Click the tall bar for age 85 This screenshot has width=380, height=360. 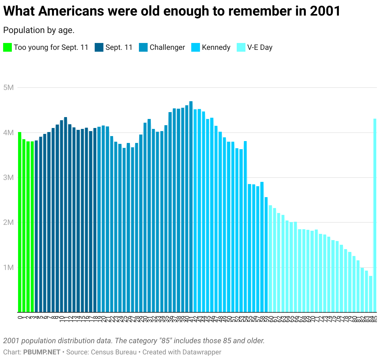[375, 215]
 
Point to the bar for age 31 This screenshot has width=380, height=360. [149, 215]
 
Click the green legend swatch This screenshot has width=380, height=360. [7, 47]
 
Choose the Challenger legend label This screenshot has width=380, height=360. [167, 47]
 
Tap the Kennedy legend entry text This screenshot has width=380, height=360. [216, 47]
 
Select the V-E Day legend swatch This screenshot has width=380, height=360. [241, 47]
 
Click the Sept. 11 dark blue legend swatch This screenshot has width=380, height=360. [99, 47]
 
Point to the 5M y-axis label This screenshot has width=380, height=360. [9, 88]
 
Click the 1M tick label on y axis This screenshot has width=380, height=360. [9, 268]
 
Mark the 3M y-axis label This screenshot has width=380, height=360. [9, 178]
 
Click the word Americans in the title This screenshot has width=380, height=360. [72, 11]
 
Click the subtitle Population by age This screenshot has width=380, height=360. [39, 30]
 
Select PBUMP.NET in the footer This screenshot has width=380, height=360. [42, 352]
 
